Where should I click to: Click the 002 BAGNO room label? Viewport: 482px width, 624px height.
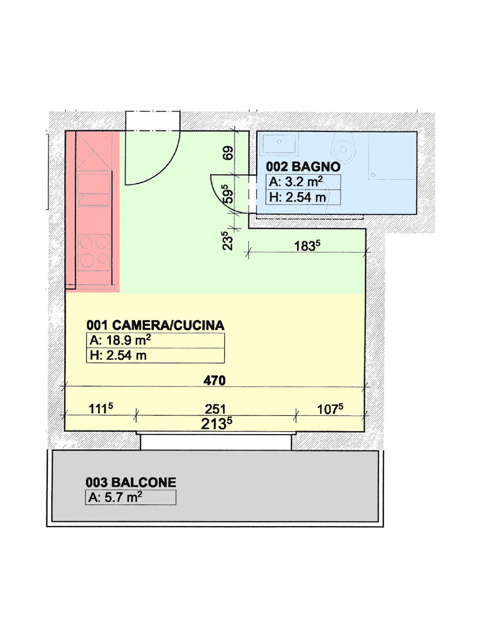coord(303,167)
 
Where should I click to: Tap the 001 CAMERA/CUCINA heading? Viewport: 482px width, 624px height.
coord(155,326)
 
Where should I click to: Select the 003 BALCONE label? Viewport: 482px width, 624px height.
coord(131,483)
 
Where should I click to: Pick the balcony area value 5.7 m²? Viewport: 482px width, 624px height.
coord(123,497)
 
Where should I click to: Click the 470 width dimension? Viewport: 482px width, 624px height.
coord(214,381)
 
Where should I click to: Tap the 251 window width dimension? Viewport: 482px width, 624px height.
coord(215,409)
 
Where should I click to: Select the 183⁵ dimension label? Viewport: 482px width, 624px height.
coord(307,246)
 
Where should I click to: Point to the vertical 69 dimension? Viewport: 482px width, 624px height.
coord(228,153)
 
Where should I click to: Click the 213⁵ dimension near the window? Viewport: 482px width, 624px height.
coord(216,424)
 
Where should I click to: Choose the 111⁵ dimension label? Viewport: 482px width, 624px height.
coord(101,408)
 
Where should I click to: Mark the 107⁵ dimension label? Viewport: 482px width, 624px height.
coord(330,409)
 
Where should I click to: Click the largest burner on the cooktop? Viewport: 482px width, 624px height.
coord(87,260)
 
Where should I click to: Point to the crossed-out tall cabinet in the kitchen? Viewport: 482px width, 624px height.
coord(94,151)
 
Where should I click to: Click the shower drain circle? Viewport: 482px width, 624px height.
coord(373,175)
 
